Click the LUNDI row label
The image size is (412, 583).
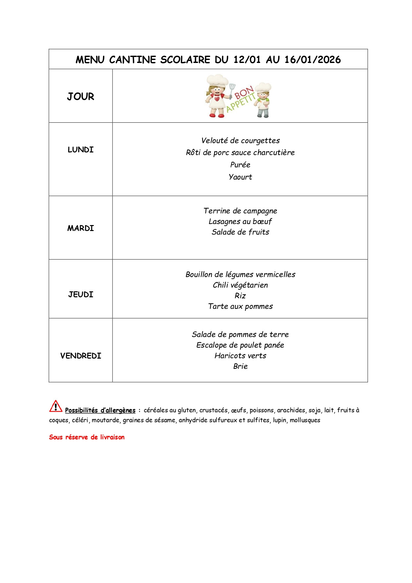[x=80, y=150]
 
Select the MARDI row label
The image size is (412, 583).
[x=80, y=228]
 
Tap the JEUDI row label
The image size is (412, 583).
[x=80, y=295]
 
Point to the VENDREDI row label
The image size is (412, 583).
[x=80, y=356]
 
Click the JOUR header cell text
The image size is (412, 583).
[x=80, y=96]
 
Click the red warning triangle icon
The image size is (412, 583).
[x=56, y=406]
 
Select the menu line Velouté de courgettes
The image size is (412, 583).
[x=240, y=141]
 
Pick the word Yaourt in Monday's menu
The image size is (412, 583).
[x=240, y=177]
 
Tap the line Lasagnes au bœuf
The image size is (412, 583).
[x=240, y=221]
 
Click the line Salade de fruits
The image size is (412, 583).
[x=240, y=232]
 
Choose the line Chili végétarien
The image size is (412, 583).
[x=240, y=285]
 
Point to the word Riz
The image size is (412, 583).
[x=240, y=296]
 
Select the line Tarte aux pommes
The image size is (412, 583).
[x=240, y=306]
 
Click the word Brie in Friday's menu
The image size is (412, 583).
[x=240, y=366]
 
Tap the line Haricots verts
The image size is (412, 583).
[x=240, y=356]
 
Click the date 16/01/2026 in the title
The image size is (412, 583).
[x=312, y=60]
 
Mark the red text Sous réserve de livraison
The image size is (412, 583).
[x=87, y=437]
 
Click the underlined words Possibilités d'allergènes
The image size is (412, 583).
[x=100, y=410]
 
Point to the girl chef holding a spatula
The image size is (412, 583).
[x=217, y=96]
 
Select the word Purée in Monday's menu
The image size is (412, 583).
[x=240, y=165]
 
